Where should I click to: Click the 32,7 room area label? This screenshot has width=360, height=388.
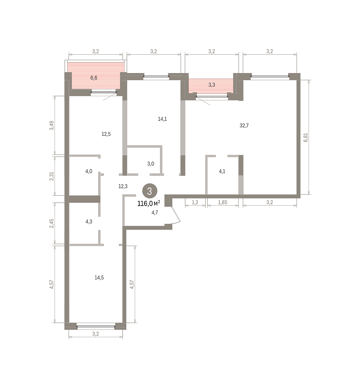(x=244, y=125)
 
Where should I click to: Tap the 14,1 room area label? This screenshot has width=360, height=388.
(x=162, y=119)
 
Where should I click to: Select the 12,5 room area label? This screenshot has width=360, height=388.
(x=106, y=134)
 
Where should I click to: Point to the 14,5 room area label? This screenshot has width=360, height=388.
(x=99, y=278)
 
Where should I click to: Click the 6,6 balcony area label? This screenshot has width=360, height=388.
(x=94, y=78)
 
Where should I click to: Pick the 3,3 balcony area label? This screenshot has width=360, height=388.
(x=212, y=85)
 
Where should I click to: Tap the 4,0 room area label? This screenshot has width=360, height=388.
(x=89, y=171)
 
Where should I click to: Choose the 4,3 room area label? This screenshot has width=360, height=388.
(x=89, y=221)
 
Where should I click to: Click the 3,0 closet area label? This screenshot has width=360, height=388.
(x=151, y=164)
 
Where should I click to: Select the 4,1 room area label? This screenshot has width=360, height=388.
(x=222, y=171)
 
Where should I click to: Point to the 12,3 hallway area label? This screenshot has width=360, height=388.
(x=123, y=186)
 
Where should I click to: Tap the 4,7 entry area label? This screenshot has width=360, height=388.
(x=154, y=213)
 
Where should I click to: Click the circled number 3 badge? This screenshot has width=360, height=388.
(x=150, y=191)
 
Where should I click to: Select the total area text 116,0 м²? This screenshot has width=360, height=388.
(x=149, y=204)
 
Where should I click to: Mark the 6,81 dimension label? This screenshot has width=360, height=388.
(x=306, y=137)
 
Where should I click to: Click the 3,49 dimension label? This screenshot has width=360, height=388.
(x=51, y=125)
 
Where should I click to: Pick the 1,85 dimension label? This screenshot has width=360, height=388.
(x=223, y=202)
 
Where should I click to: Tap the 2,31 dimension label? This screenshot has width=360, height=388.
(x=51, y=176)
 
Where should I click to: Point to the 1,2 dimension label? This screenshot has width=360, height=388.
(x=195, y=202)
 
